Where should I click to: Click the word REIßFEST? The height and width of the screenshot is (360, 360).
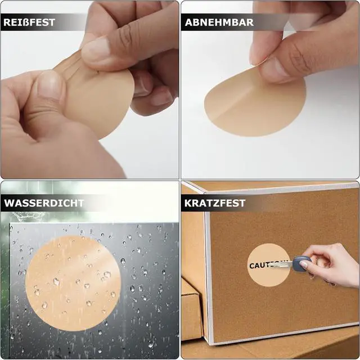29,22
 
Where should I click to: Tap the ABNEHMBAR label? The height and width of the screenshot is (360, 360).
219,22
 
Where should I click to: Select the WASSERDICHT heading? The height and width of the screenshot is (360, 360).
44,203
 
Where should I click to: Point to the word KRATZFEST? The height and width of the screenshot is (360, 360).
215,203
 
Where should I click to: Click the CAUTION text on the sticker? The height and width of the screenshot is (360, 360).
268,265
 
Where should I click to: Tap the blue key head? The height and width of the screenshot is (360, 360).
301,264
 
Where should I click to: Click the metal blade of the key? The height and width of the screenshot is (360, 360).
281,264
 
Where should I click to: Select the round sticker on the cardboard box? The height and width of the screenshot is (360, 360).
269,265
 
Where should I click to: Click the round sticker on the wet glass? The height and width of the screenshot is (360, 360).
73,283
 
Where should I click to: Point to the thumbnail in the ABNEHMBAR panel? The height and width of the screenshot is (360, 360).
274,69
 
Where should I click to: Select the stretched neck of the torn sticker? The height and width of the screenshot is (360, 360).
69,66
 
